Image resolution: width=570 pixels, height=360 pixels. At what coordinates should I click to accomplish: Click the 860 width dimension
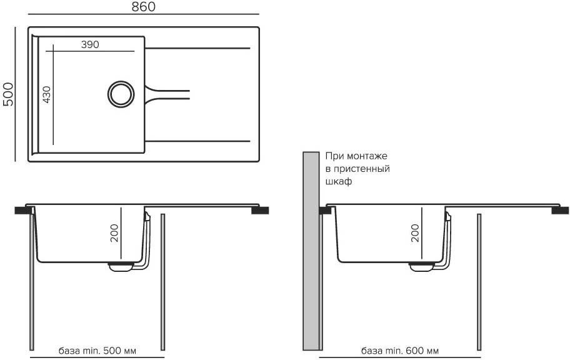click(x=144, y=7)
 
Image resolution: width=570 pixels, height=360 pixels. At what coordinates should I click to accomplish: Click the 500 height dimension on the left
click(x=8, y=94)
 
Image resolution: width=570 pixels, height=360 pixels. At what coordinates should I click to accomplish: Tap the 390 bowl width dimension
click(x=90, y=44)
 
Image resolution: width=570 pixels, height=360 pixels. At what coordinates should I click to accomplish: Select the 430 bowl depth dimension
click(x=47, y=94)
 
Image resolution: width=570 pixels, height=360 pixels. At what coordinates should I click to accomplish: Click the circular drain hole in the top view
click(x=120, y=94)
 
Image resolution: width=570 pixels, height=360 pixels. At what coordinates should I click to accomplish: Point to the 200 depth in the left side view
click(x=113, y=232)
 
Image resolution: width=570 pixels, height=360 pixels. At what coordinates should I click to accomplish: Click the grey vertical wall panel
click(x=310, y=250)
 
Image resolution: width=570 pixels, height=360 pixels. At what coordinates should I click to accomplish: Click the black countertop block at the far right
click(x=560, y=211)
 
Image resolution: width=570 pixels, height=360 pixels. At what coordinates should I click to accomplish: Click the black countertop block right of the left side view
click(x=260, y=211)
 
